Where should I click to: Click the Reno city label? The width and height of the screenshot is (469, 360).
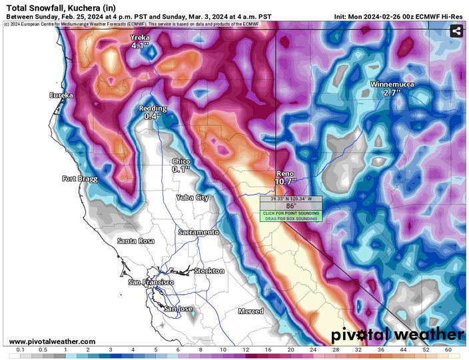(285, 173)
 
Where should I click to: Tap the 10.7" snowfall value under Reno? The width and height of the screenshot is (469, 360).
(285, 181)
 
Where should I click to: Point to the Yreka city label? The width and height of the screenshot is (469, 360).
(141, 38)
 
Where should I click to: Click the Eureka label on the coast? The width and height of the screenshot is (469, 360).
(61, 95)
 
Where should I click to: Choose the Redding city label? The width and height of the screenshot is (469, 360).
(153, 108)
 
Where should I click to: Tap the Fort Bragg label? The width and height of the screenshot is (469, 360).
(80, 179)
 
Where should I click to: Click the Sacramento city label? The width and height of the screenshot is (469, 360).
(198, 232)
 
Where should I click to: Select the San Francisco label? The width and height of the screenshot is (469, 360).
(151, 283)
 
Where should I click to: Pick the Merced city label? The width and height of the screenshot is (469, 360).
(250, 311)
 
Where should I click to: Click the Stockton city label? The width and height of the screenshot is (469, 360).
(209, 271)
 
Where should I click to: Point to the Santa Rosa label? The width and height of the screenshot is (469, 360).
(137, 240)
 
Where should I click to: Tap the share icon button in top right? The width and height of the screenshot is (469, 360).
(456, 31)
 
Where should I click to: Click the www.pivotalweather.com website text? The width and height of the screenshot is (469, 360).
(52, 341)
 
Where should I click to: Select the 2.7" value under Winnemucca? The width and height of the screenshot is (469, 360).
(391, 93)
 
